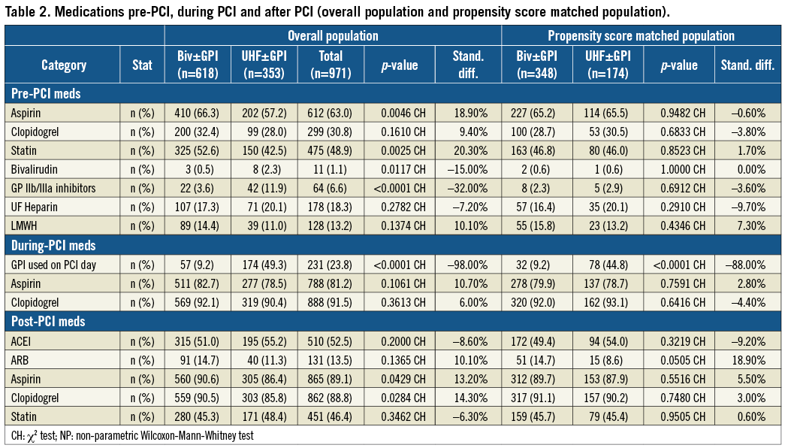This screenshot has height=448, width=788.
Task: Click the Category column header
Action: point(64,65)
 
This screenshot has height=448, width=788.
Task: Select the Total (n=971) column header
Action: point(331,65)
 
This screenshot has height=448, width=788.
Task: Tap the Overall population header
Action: point(333,35)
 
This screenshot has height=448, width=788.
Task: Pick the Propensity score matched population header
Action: point(641,35)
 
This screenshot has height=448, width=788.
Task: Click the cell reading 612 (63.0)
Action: point(331,112)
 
